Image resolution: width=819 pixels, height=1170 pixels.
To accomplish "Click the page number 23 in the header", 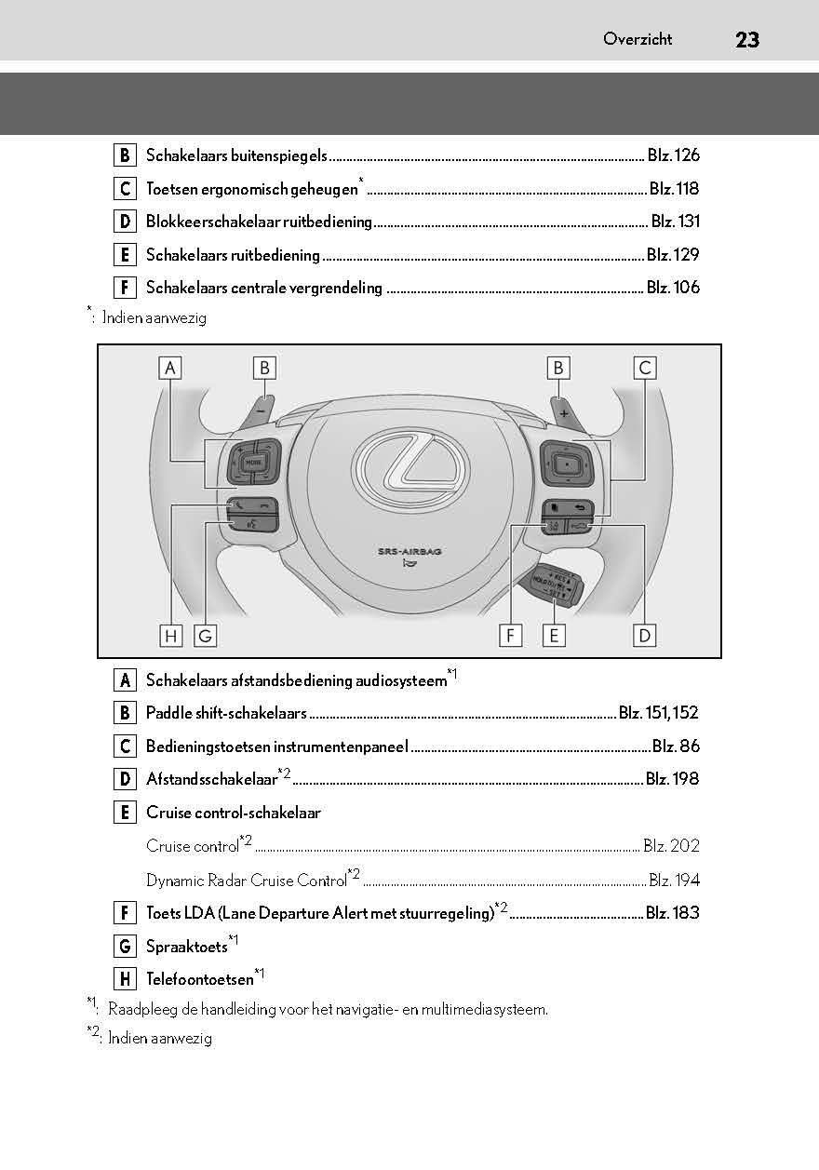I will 746,39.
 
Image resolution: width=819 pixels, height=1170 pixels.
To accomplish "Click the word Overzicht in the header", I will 638,39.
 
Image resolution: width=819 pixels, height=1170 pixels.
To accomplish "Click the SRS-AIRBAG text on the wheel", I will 409,551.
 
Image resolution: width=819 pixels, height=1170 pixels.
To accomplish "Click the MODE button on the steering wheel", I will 252,462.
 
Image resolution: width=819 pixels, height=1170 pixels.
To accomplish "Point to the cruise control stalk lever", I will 555,585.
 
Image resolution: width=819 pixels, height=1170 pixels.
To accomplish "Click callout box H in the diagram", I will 170,636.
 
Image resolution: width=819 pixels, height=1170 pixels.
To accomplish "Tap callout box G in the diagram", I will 205,636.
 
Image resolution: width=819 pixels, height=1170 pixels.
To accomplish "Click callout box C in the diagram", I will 644,368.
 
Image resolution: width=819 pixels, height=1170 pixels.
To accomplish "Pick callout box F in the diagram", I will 510,636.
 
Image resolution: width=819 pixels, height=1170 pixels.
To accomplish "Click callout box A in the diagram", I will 170,368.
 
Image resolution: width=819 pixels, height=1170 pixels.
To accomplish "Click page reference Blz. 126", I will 673,155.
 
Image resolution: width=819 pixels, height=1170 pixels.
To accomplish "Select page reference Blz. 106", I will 673,288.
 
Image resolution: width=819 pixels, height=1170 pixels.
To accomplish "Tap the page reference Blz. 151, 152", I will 658,713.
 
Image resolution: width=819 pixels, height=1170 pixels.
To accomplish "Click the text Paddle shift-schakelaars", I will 226,713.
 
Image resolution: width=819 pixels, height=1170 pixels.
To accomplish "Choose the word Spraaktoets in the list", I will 186,947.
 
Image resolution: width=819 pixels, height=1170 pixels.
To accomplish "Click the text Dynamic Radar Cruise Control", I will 246,880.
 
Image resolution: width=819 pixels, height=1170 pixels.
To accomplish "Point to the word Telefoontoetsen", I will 199,979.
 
